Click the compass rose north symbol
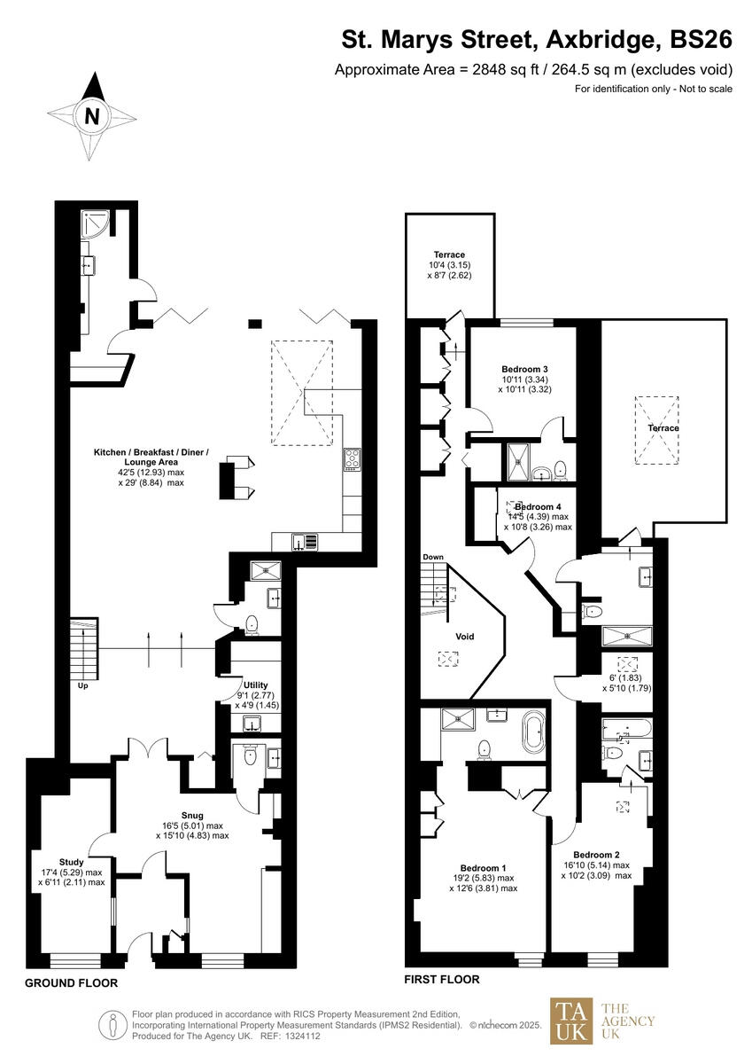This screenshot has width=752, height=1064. pos(92,116)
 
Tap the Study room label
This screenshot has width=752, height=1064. pos(72,860)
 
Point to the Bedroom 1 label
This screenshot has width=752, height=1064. pos(484,867)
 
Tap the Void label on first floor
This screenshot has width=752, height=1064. pos(464,637)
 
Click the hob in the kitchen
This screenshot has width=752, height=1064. pos(352,459)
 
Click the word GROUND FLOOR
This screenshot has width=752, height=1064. pos(71,983)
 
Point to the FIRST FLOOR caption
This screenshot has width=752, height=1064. pos(442,980)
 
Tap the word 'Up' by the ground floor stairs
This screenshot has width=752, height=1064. pos(81,685)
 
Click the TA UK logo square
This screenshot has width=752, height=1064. pos(573,1021)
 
